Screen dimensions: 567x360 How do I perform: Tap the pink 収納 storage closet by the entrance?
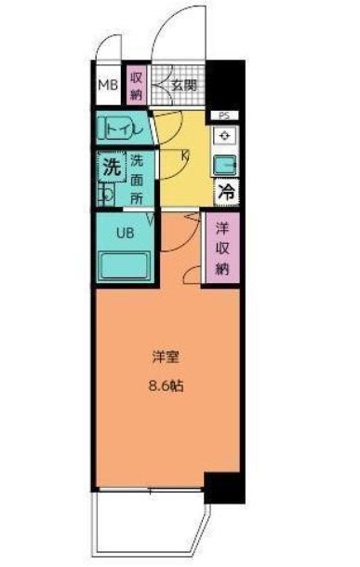(136, 86)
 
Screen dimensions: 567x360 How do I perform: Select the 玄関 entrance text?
(184, 86)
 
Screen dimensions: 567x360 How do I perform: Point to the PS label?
(223, 115)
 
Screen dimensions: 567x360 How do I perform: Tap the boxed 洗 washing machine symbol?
(111, 169)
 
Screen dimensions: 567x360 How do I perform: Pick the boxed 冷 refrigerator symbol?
(224, 193)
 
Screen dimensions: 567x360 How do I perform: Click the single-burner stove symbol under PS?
(224, 136)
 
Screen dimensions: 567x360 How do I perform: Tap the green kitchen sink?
(224, 166)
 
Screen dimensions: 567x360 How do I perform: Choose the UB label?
(124, 233)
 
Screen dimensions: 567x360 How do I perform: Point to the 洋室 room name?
(166, 355)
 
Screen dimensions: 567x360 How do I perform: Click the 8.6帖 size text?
(166, 384)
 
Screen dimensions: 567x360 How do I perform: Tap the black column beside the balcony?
(222, 488)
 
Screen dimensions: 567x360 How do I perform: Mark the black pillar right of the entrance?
(228, 85)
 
